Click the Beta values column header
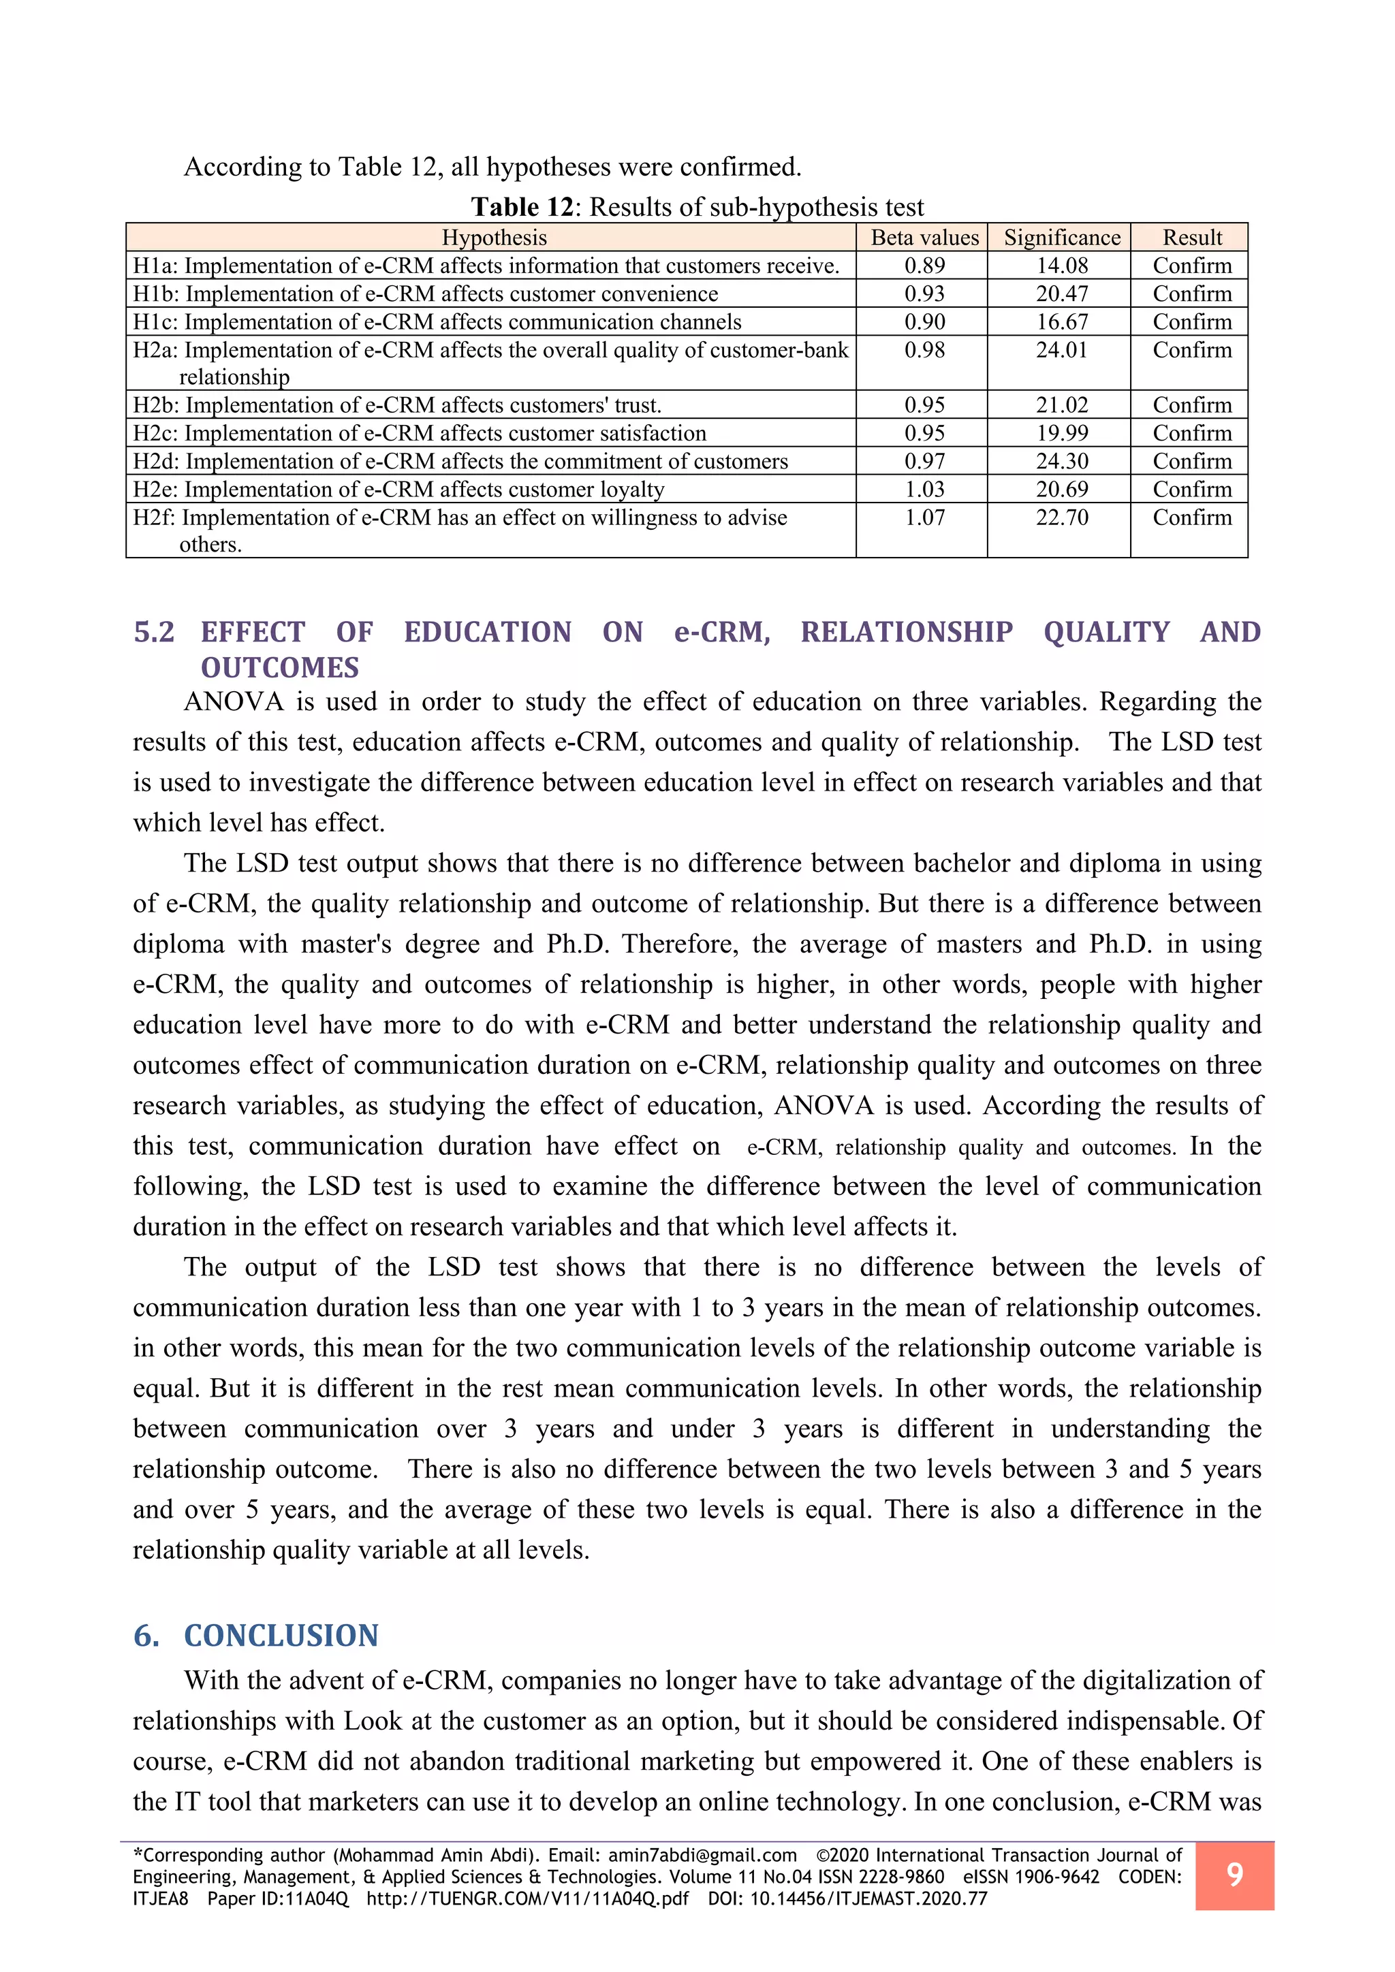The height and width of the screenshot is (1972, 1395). click(924, 238)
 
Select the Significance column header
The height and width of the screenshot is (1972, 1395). click(1062, 238)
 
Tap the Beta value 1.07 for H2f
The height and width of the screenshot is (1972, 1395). click(924, 518)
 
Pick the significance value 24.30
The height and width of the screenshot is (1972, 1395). click(1062, 461)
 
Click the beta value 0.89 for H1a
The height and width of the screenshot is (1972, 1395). click(924, 266)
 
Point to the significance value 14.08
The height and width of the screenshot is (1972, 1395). click(1062, 266)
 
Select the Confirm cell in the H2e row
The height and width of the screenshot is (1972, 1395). click(1191, 490)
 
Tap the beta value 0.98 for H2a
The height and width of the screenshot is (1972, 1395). click(924, 351)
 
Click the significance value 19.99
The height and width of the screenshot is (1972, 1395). click(1062, 434)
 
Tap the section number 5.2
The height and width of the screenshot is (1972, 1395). click(154, 632)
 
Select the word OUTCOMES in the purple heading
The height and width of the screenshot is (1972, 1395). click(280, 668)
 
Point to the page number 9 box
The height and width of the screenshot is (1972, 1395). click(1234, 1875)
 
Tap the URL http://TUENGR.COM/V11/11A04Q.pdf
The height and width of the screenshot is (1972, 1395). click(527, 1899)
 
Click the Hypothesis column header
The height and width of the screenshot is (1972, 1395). click(494, 238)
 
